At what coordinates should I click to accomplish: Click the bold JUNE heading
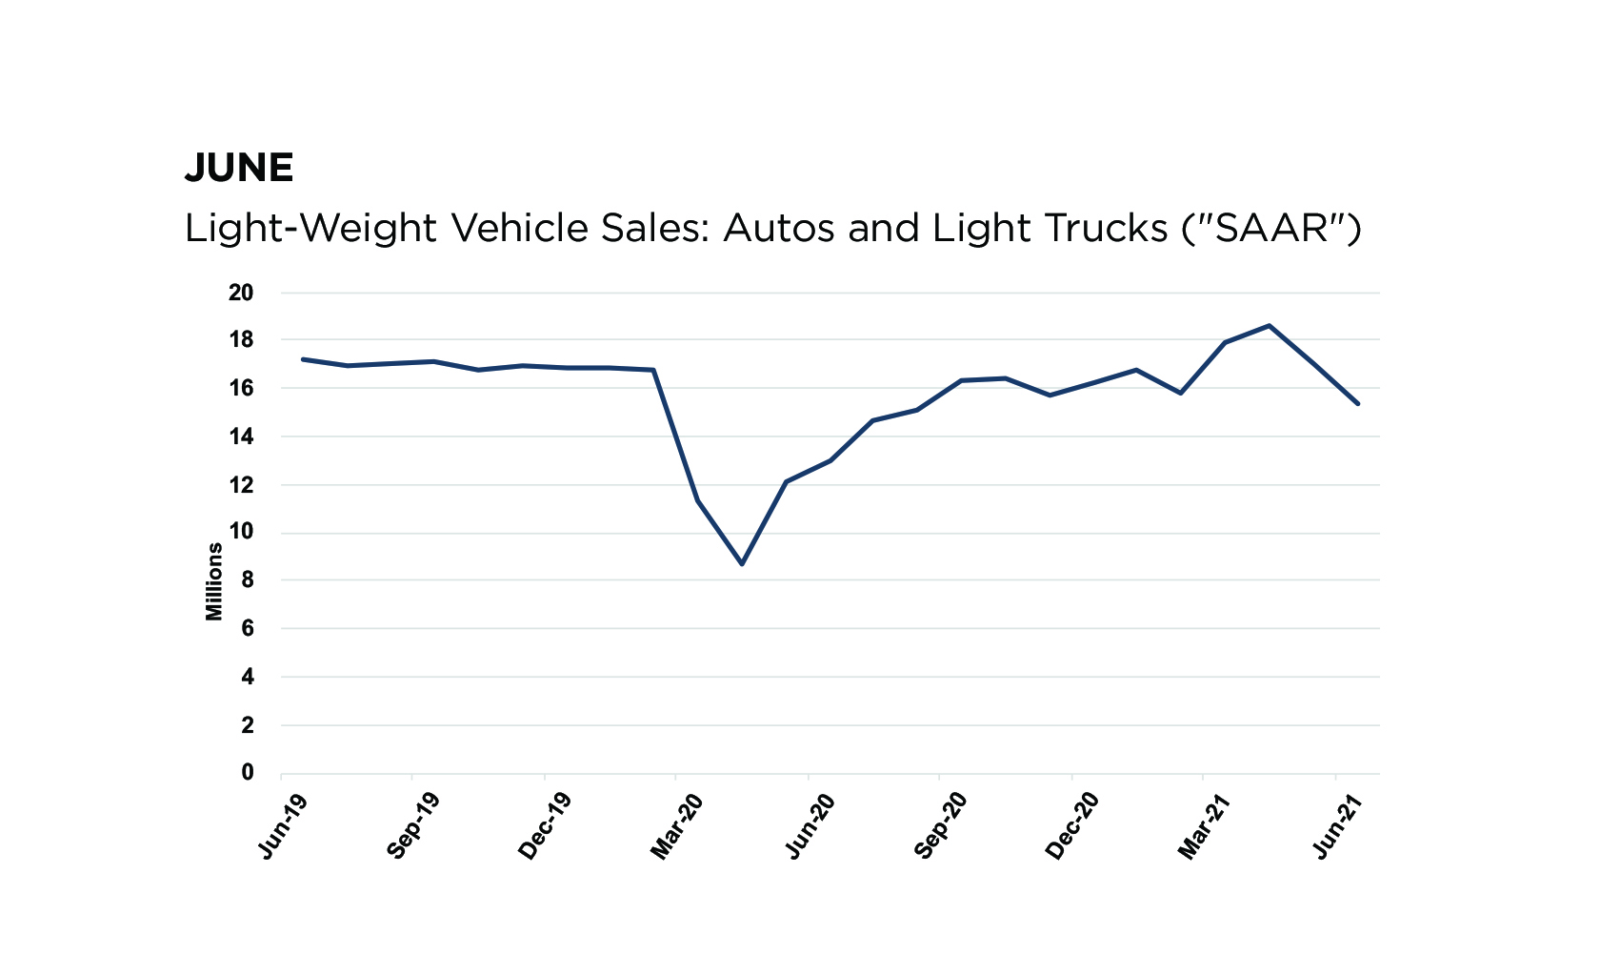[238, 168]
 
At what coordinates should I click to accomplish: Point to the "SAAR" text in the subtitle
[1272, 229]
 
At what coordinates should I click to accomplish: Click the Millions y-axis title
[214, 581]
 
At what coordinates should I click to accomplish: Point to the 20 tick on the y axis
[241, 293]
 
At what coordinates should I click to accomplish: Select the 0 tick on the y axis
[248, 773]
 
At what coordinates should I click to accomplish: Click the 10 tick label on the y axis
[241, 533]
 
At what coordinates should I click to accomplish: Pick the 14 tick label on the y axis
[241, 437]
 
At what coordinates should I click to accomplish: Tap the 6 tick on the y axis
[248, 628]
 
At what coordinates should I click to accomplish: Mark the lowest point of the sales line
[742, 564]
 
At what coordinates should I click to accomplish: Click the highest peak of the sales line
[1270, 325]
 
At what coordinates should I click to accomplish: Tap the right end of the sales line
[1358, 403]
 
